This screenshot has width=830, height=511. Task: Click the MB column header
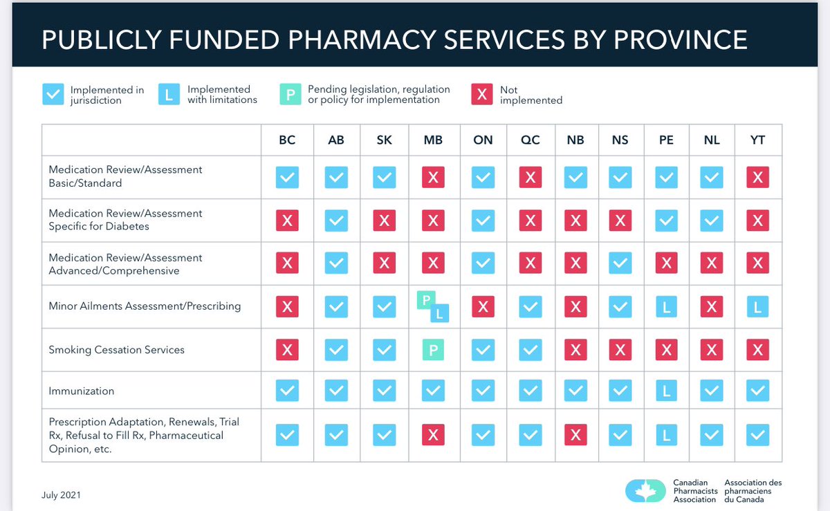pyautogui.click(x=433, y=140)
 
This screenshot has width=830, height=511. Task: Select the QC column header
pyautogui.click(x=530, y=140)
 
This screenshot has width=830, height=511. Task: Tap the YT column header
pyautogui.click(x=757, y=140)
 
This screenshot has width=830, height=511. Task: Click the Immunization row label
pyautogui.click(x=82, y=391)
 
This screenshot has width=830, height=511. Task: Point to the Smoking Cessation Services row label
pyautogui.click(x=116, y=350)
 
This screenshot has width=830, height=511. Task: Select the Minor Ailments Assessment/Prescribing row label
pyautogui.click(x=145, y=306)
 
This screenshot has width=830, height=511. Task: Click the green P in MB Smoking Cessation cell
pyautogui.click(x=433, y=350)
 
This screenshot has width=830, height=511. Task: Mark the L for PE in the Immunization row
pyautogui.click(x=666, y=391)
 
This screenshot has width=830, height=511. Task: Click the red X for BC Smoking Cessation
pyautogui.click(x=287, y=350)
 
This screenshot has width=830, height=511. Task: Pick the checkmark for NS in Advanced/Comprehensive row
pyautogui.click(x=620, y=263)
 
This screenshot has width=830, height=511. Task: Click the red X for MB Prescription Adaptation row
pyautogui.click(x=433, y=435)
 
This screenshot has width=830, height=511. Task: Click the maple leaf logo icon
pyautogui.click(x=645, y=490)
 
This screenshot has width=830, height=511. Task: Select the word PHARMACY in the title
pyautogui.click(x=376, y=39)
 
